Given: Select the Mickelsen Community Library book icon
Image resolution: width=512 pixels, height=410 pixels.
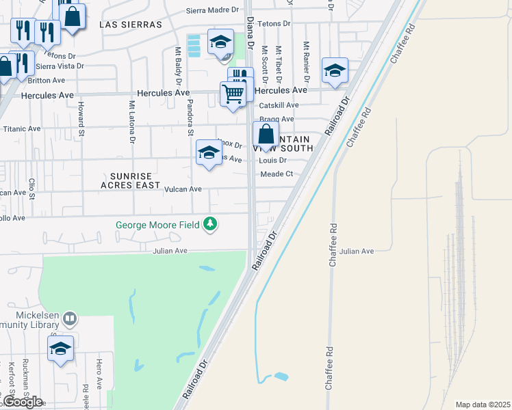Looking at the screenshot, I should [x=69, y=318].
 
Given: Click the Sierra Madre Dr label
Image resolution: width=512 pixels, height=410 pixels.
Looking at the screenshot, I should [x=214, y=10].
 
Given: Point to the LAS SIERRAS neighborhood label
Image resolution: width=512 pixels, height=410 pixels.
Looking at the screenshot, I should [x=131, y=24].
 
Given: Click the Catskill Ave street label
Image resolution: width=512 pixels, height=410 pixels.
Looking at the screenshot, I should [x=279, y=105].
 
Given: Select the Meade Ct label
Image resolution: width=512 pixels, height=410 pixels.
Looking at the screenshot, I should [x=277, y=174].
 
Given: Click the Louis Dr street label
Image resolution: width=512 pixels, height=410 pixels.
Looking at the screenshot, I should [x=272, y=161].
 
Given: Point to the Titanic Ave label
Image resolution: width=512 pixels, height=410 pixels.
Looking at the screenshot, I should [x=22, y=128].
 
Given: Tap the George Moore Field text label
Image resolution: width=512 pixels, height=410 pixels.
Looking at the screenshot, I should [x=157, y=224].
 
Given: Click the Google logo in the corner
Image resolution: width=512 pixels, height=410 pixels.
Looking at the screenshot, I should [x=22, y=401].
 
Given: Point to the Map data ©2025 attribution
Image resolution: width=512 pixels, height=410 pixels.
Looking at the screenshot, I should [x=482, y=405].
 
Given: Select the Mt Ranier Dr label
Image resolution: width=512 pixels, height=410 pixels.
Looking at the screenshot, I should [x=307, y=63].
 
